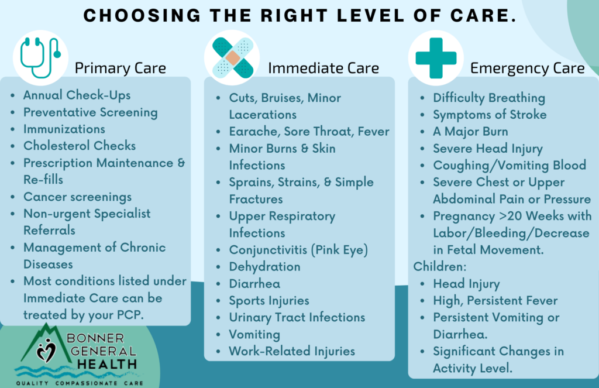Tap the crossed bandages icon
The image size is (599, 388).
coord(232,58)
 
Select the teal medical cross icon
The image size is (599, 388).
coord(436,58)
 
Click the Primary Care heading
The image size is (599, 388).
coord(121,68)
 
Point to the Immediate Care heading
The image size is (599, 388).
coord(323,68)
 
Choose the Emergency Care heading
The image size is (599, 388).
coord(527,68)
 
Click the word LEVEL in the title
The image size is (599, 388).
coord(370,16)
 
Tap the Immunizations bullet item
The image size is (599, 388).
coord(64,129)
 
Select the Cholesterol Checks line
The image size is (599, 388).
coord(80,146)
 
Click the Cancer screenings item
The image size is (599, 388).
coord(78,197)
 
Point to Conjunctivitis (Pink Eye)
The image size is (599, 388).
coord(298,250)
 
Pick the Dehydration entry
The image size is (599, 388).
coord(265,267)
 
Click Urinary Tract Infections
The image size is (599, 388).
coord(297,317)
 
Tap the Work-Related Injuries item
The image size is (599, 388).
coord(292,351)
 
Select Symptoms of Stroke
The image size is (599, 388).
coord(490,115)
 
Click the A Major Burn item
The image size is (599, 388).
coord(470,132)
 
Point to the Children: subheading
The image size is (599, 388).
coord(440,266)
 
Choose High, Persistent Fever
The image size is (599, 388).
coord(495,301)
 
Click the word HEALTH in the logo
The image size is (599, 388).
coord(107,365)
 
